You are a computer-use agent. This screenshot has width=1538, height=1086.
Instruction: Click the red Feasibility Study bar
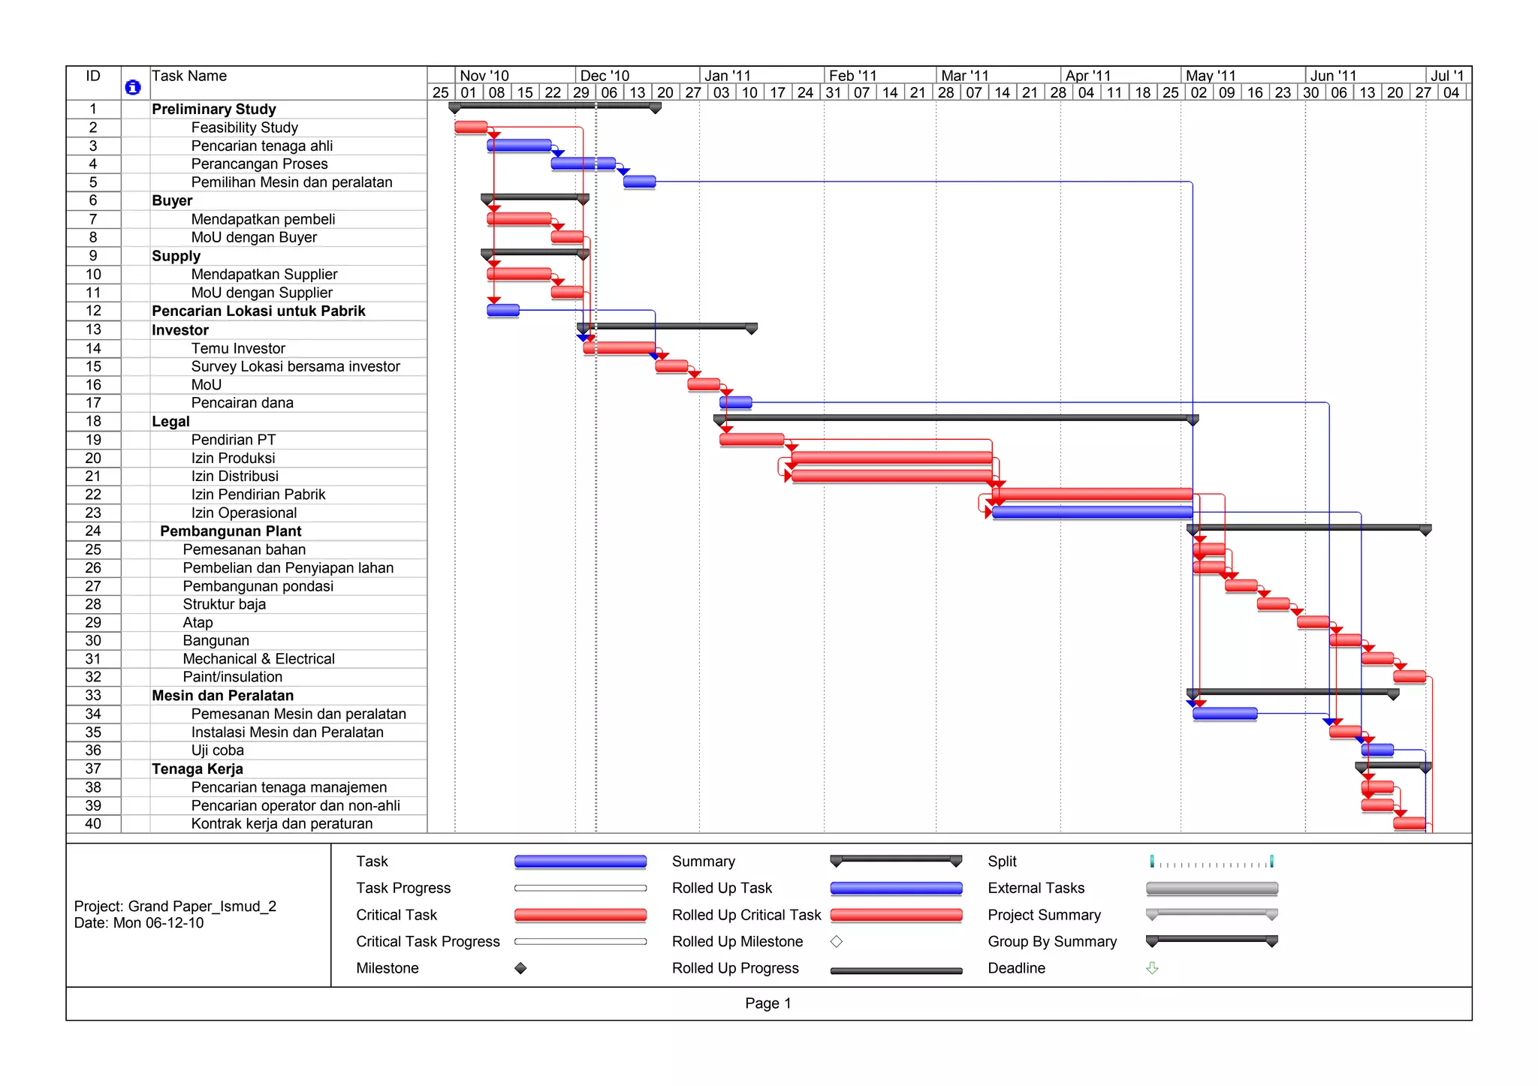click(471, 127)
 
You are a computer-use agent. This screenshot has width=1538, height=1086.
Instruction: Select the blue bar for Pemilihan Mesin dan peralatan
click(639, 182)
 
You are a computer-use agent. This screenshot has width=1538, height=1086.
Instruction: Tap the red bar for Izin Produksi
click(891, 457)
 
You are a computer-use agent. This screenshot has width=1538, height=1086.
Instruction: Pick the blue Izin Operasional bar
click(1092, 512)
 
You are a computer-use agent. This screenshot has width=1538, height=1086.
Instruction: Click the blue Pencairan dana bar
click(736, 402)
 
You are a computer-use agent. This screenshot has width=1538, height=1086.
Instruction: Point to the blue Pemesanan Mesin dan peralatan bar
click(1225, 713)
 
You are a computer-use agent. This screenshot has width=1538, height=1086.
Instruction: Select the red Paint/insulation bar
click(1410, 676)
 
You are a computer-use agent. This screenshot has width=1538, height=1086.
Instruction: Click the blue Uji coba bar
click(1377, 749)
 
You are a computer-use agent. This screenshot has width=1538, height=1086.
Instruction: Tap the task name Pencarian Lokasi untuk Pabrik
click(258, 311)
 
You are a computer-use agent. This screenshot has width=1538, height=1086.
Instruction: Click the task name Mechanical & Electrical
click(258, 658)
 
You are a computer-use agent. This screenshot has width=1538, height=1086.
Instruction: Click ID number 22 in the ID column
click(93, 494)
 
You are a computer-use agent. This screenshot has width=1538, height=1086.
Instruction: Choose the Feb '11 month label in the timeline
click(852, 75)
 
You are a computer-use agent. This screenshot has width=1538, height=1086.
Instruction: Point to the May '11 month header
click(1210, 75)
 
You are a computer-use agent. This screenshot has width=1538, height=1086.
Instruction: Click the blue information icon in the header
click(133, 87)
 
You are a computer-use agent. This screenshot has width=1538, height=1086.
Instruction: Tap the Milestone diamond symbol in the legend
click(520, 968)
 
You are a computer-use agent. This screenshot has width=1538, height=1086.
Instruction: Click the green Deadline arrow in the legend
click(1152, 968)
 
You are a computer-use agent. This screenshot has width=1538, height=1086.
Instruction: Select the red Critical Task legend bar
click(580, 915)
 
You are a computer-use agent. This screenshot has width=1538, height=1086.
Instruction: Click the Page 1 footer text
click(767, 1003)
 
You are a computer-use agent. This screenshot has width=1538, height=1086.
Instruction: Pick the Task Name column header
click(189, 76)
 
